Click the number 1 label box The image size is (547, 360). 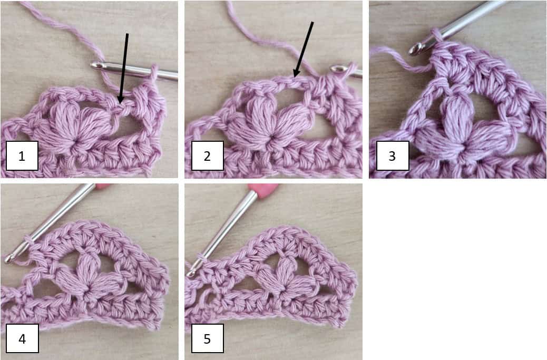coord(22,155)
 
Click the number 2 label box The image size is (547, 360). coord(207,155)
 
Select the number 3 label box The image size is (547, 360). coord(392,155)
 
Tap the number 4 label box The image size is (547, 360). coord(22,338)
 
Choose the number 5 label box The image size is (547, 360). coord(207,338)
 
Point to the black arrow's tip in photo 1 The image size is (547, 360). coord(121,102)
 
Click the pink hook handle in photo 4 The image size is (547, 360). coord(101,186)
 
